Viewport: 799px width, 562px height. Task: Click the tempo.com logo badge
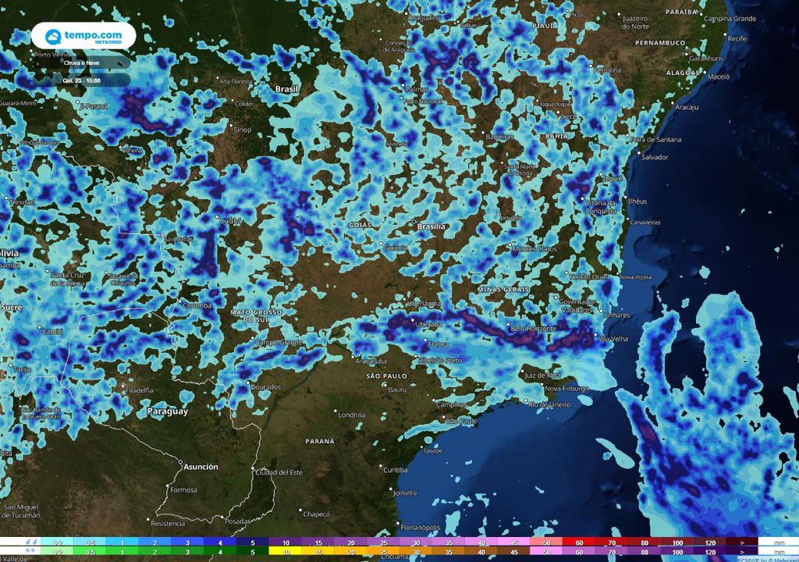[83, 35]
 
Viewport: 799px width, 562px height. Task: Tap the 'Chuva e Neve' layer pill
[82, 62]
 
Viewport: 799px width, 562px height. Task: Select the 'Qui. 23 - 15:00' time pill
[82, 80]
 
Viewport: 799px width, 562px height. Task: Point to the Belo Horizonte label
[534, 329]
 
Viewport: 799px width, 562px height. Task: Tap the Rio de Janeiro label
[549, 404]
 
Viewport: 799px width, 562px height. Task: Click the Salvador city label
[655, 157]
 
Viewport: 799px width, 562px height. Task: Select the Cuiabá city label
[231, 221]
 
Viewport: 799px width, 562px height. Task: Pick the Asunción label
[201, 466]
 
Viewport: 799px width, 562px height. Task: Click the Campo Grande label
[279, 342]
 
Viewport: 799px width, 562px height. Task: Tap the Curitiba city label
[395, 469]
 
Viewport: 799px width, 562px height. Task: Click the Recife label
[737, 37]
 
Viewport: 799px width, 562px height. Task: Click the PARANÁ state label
[320, 441]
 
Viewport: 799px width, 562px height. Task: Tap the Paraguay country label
[168, 411]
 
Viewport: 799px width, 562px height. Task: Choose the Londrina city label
[352, 414]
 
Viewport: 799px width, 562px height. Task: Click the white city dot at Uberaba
[414, 324]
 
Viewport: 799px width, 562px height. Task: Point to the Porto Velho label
[53, 55]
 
